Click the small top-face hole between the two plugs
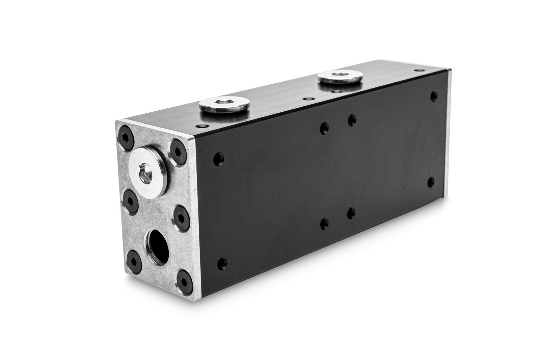tap(307, 99)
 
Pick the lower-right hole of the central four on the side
tap(351, 213)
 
